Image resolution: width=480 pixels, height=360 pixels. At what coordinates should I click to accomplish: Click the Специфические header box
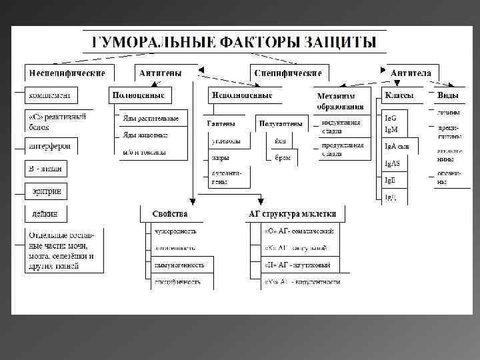click(x=288, y=73)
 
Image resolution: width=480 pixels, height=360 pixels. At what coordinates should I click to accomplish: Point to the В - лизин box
click(x=46, y=169)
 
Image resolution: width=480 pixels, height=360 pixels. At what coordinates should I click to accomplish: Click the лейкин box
click(x=46, y=214)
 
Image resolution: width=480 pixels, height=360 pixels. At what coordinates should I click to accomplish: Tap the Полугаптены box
click(x=279, y=123)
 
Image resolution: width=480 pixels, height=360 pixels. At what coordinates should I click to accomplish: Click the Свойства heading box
click(x=169, y=214)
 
